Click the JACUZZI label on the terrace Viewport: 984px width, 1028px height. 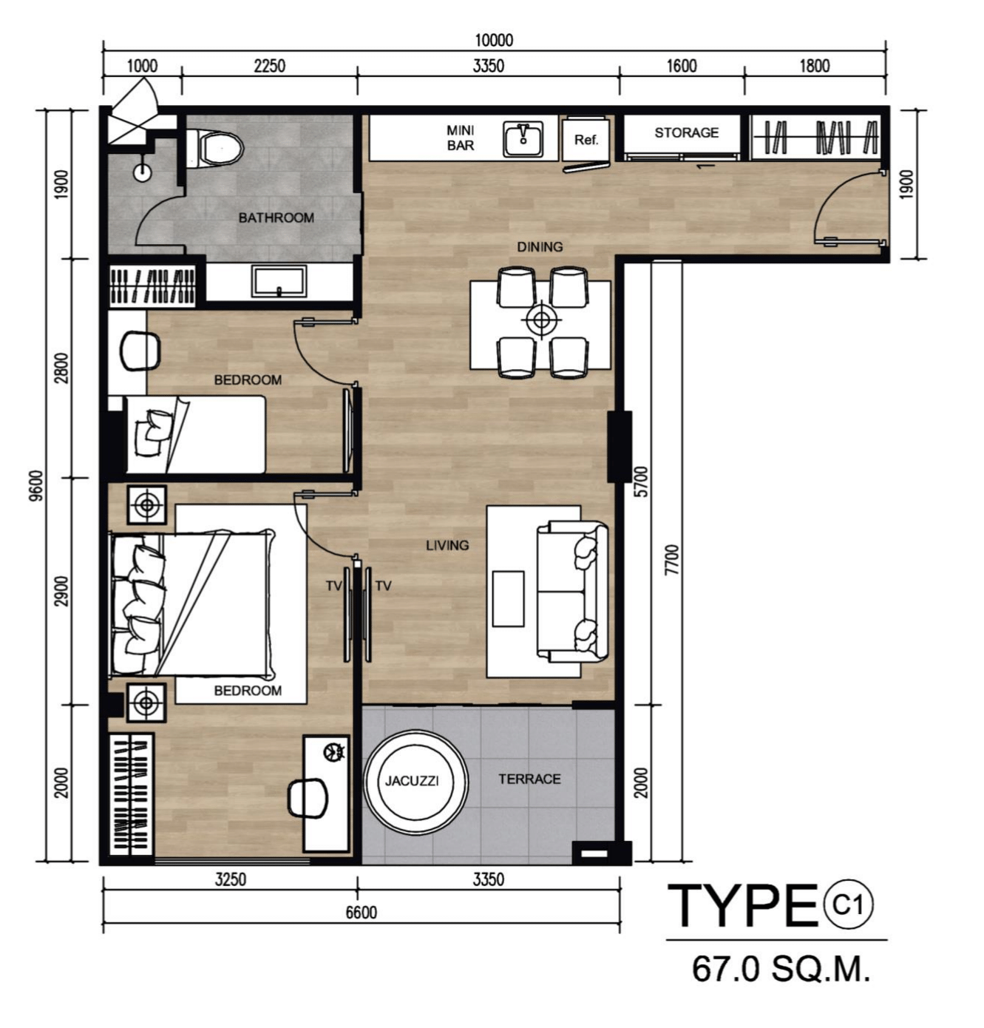pos(412,781)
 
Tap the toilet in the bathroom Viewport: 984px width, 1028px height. pos(214,148)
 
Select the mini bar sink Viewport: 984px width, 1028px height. pos(523,138)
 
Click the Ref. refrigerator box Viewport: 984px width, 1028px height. pos(586,140)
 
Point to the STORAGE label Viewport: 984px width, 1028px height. pos(687,132)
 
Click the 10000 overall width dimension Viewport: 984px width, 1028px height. pos(494,40)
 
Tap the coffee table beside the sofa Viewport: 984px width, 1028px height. pos(508,598)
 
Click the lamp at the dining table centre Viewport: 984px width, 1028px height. pos(541,319)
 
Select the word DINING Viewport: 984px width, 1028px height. pos(540,247)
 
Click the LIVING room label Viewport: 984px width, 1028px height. pos(447,545)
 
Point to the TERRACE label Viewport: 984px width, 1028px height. pos(530,780)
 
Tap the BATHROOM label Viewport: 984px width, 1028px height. pos(276,217)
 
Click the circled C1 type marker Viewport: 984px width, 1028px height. pos(848,905)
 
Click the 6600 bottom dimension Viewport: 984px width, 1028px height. pos(362,913)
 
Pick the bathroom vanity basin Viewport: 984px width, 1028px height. pos(279,281)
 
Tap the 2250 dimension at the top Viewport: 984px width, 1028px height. pos(269,66)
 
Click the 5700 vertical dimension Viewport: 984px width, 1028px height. pos(641,481)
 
